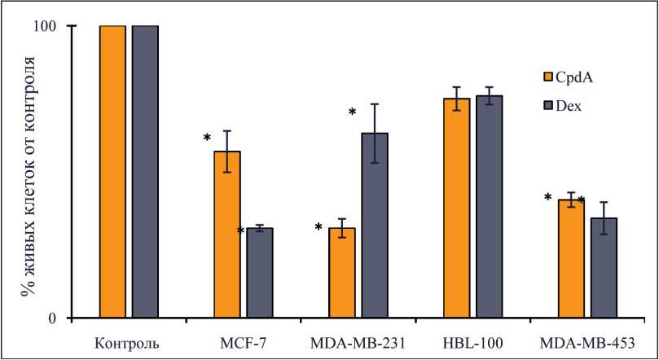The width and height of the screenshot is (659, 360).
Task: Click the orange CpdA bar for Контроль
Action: (x=112, y=171)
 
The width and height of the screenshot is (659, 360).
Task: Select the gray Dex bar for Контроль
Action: (x=145, y=171)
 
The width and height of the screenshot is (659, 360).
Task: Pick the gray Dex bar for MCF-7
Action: (x=260, y=273)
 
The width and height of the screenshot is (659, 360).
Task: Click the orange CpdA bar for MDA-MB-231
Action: (x=342, y=273)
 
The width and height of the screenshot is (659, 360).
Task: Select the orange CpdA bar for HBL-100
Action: (x=457, y=208)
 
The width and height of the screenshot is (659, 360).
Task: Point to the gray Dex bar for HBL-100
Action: (x=490, y=207)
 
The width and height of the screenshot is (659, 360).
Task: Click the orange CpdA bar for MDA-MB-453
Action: (x=571, y=258)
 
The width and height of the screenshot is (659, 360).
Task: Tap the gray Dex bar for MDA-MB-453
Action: (x=604, y=268)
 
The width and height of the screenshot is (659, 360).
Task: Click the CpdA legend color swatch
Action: (x=548, y=77)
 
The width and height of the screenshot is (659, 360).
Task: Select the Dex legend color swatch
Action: (x=548, y=106)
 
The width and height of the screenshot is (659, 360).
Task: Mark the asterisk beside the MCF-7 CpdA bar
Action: (x=207, y=138)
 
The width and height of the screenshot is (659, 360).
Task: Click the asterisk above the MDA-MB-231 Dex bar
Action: (x=353, y=112)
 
